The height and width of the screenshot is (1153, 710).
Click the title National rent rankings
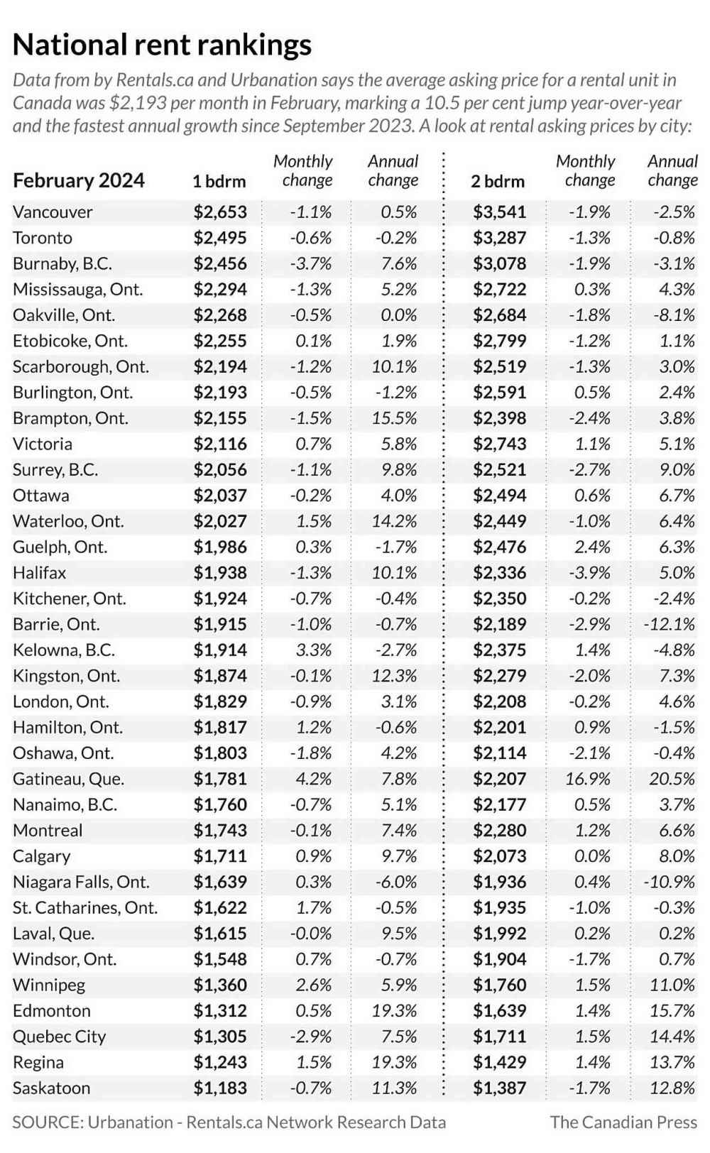[x=162, y=45]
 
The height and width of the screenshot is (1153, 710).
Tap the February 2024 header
[x=78, y=181]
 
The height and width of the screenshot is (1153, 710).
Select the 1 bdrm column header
[x=219, y=182]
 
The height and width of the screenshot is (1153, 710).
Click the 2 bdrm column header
[x=498, y=182]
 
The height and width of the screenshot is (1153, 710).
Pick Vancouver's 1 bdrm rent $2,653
[x=220, y=212]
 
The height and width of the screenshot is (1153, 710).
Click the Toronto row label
[x=43, y=238]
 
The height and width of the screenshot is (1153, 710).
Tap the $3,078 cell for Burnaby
[x=500, y=264]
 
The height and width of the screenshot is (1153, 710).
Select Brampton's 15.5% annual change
[x=394, y=418]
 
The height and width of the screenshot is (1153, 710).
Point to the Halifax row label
[x=39, y=573]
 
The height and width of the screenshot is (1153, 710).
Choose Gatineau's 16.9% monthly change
[x=587, y=779]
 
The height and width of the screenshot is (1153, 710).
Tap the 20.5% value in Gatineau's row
[x=672, y=779]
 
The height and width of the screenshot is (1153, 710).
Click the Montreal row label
[x=48, y=831]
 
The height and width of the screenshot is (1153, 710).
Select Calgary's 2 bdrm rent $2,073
[x=500, y=856]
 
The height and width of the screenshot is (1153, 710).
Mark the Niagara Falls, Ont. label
[x=81, y=882]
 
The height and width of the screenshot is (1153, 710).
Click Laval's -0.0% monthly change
[x=310, y=934]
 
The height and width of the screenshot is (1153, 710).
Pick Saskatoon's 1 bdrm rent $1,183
[x=220, y=1088]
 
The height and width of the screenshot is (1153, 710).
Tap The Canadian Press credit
[x=623, y=1122]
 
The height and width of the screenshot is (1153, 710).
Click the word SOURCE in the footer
[x=47, y=1122]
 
